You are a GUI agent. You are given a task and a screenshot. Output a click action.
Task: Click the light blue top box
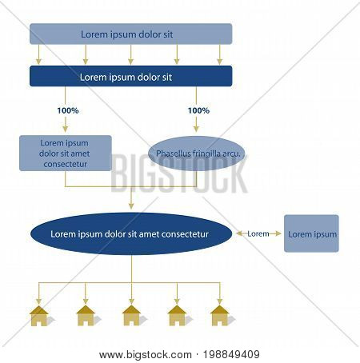130,34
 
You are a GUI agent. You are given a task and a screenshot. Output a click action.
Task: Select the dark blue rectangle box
130,76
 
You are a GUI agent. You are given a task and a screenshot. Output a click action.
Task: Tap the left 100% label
68,110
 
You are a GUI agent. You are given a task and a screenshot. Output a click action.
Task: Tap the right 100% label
198,110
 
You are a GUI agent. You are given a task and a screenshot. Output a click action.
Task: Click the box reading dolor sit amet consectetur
66,153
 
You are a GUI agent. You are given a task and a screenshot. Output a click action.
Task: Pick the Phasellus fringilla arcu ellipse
197,154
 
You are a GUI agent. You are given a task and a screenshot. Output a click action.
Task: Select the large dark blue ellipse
131,233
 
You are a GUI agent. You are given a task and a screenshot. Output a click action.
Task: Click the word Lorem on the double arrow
258,233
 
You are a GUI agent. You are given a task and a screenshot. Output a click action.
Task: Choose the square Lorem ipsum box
311,233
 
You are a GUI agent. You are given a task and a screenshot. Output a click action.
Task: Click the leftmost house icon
39,316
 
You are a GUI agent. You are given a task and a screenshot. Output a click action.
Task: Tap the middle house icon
131,316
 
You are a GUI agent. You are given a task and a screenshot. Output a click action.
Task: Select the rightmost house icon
219,316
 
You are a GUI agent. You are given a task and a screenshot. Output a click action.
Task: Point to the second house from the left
86,316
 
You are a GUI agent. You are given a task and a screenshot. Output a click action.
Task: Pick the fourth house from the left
177,316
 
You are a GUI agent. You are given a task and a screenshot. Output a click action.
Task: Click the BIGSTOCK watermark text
179,174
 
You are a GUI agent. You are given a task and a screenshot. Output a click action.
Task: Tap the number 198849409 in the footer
231,355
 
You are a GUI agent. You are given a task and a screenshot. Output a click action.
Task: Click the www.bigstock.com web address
146,355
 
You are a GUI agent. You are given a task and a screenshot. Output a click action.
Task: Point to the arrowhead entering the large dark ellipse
131,205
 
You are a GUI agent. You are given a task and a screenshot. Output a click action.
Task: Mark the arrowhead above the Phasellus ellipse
196,129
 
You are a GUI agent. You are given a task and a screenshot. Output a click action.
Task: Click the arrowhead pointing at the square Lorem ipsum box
278,233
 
